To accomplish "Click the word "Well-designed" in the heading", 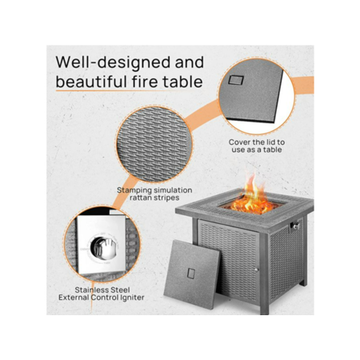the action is (x=113, y=63).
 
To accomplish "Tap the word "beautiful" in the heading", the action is (x=91, y=82).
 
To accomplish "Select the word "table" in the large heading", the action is (x=183, y=82).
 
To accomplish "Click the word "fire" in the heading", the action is (x=145, y=82).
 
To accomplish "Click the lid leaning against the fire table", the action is (x=192, y=274).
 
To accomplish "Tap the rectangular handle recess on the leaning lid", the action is (x=191, y=274).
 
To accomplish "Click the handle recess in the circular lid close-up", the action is (x=236, y=80).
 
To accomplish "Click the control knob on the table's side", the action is (x=294, y=226).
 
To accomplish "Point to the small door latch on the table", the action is (x=256, y=270).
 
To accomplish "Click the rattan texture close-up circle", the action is (x=154, y=144).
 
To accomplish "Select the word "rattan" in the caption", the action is (x=141, y=198).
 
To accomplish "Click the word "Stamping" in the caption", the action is (x=134, y=190).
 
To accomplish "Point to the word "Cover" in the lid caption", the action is (x=240, y=142).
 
